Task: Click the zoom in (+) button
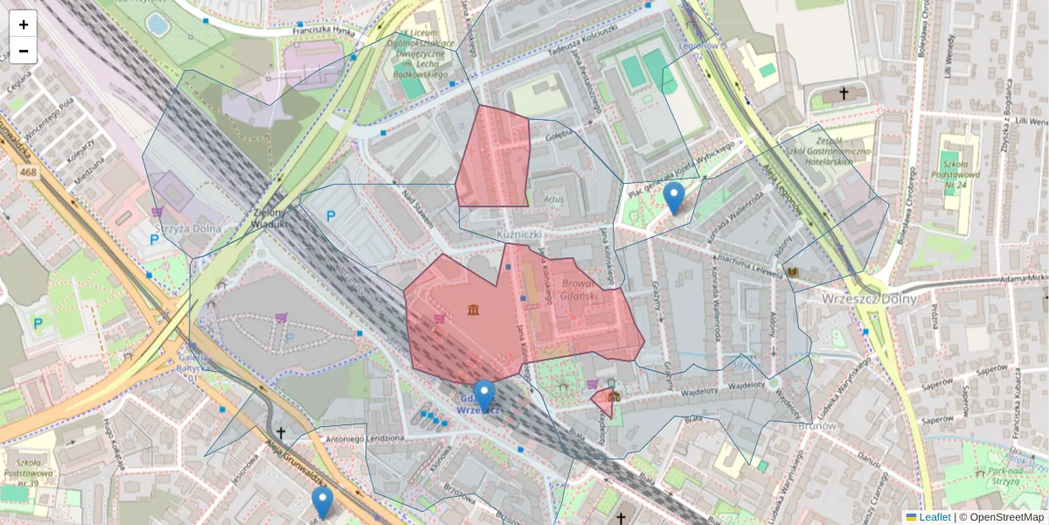[24, 24]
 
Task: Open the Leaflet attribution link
[934, 517]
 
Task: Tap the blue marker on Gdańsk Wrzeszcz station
[484, 396]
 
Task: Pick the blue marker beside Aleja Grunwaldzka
[323, 502]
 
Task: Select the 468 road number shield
[27, 173]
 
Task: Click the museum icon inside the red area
[473, 309]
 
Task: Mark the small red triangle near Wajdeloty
[602, 402]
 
